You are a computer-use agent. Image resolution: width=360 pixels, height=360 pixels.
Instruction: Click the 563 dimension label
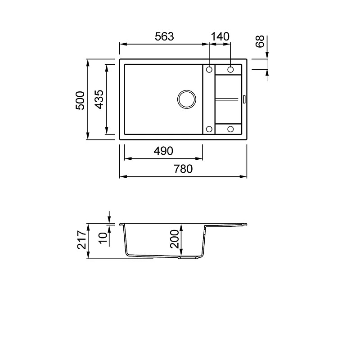click(164, 36)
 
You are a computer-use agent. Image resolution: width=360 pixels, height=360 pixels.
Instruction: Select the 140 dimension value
click(220, 36)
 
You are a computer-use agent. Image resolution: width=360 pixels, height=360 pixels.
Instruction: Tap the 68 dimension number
click(260, 41)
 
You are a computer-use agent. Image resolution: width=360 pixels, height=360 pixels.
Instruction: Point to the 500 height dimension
click(80, 100)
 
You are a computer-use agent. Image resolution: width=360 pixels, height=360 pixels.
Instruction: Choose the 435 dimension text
click(99, 99)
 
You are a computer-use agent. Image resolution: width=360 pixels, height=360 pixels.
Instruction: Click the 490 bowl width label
click(163, 151)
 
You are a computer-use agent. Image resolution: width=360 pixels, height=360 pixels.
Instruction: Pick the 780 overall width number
click(183, 169)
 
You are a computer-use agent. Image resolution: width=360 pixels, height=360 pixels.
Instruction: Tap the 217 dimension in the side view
click(81, 240)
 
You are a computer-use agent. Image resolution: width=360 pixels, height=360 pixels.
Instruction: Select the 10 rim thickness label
click(103, 238)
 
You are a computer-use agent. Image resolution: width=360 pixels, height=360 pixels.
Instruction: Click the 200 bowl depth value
click(175, 239)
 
